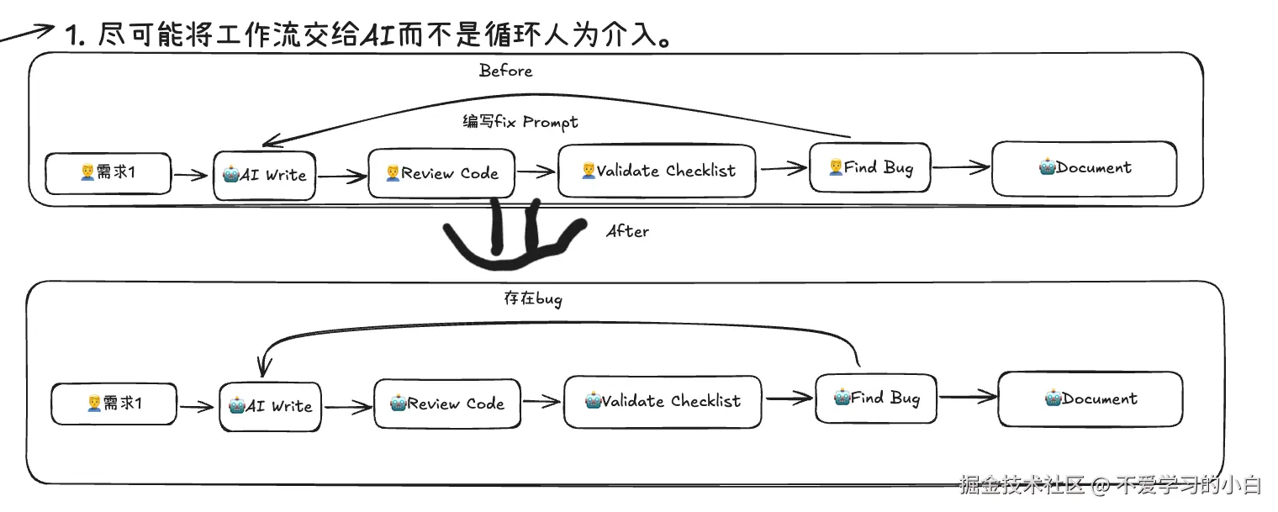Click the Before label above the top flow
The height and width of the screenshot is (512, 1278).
click(x=505, y=71)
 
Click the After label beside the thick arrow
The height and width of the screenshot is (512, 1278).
click(x=627, y=230)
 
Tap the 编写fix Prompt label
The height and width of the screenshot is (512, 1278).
click(x=520, y=122)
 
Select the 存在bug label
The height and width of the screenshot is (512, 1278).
click(x=532, y=298)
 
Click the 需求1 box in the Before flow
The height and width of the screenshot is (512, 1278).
click(x=108, y=173)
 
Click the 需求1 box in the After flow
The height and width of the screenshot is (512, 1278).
click(x=114, y=404)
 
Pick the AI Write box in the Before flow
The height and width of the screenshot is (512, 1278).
click(x=264, y=176)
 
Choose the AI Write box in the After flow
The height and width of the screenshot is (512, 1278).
click(x=270, y=406)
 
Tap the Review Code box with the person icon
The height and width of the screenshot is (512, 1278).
click(x=441, y=173)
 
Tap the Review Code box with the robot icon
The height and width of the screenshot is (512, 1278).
click(x=446, y=404)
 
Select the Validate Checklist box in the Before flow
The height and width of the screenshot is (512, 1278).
click(x=657, y=172)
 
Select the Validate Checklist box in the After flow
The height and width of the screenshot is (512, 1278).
click(x=663, y=401)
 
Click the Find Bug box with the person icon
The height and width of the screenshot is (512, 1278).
click(x=870, y=168)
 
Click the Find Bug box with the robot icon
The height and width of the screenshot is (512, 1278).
click(x=876, y=398)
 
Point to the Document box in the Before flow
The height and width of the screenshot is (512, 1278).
click(x=1084, y=168)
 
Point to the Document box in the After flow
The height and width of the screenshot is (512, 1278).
click(x=1090, y=399)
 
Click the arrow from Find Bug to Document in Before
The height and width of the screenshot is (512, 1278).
click(x=961, y=168)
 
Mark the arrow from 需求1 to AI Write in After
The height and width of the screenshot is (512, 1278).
click(x=198, y=407)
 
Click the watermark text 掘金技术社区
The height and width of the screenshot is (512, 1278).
click(x=1022, y=485)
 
